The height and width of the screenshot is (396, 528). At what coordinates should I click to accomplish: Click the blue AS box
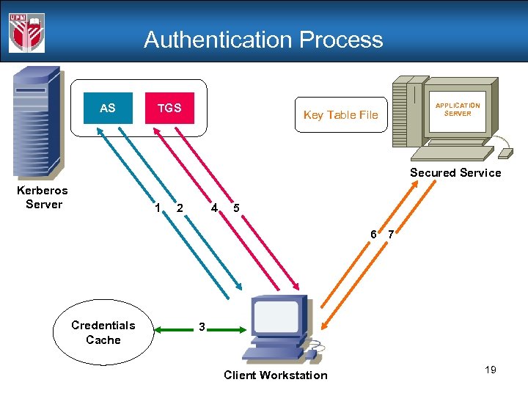coord(108,108)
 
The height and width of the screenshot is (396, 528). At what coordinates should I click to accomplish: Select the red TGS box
coord(169,108)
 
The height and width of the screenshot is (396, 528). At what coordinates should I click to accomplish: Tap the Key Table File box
coord(341,114)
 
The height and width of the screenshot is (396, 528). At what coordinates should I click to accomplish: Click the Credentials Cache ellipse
coord(103,332)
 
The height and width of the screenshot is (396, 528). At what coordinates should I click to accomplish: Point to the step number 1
coord(158,208)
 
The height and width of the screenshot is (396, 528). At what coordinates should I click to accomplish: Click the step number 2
coord(180,208)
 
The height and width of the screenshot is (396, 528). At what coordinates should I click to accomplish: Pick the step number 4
coord(213,208)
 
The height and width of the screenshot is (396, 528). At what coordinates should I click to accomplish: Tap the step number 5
coord(235,208)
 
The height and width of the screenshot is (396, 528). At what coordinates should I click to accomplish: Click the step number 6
coord(373,235)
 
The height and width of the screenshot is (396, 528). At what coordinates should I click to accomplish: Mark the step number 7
coord(391,235)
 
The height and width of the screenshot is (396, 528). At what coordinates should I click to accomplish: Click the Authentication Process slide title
coord(263,40)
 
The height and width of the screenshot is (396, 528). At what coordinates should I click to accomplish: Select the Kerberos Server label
coord(43,197)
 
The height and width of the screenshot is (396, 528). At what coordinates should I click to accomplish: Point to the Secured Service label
coord(455,173)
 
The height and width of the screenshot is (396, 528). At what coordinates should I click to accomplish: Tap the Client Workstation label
coord(276,375)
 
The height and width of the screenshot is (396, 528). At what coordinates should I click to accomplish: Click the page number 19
coord(491,370)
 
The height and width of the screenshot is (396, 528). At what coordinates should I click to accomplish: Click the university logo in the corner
coord(26,32)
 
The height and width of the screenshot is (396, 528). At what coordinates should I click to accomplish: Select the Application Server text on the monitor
coord(458,109)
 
